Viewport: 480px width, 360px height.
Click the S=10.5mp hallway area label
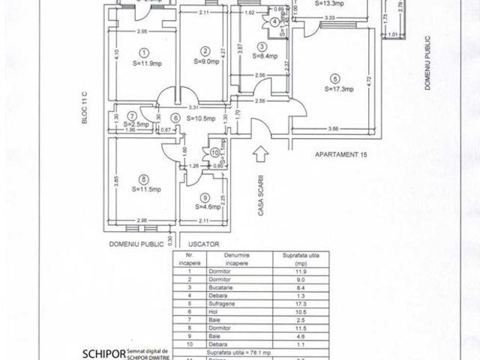[200, 118]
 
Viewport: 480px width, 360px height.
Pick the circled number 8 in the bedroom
[142, 178]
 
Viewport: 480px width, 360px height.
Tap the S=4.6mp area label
[206, 206]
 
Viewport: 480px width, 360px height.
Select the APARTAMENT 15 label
[341, 156]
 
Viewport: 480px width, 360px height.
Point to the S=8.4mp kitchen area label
[265, 55]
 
